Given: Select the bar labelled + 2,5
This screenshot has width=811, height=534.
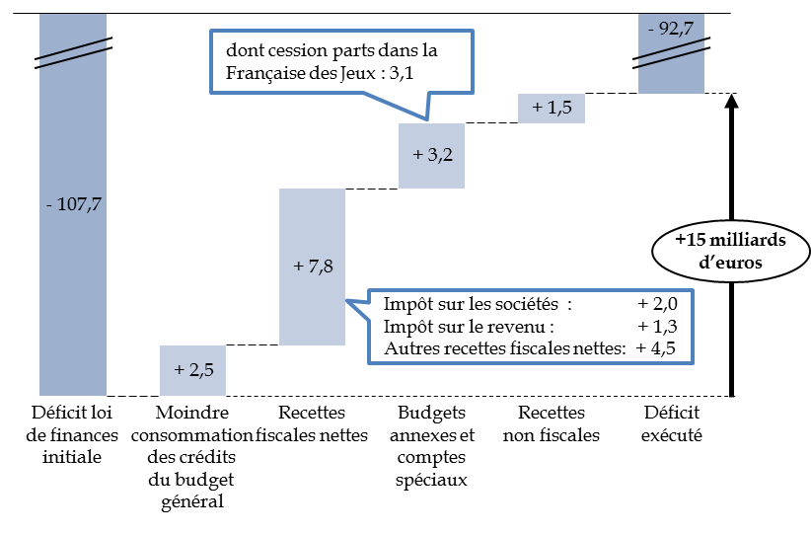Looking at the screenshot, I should tap(193, 370).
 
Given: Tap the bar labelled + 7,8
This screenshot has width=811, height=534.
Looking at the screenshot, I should tap(312, 267).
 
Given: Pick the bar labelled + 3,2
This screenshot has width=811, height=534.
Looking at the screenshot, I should tap(432, 156).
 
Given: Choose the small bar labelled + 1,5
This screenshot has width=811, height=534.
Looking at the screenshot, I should tap(552, 108).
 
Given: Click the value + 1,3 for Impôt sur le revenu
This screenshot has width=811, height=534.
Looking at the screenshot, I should tap(658, 326).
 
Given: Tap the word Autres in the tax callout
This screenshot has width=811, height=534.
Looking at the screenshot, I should tap(405, 346).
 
